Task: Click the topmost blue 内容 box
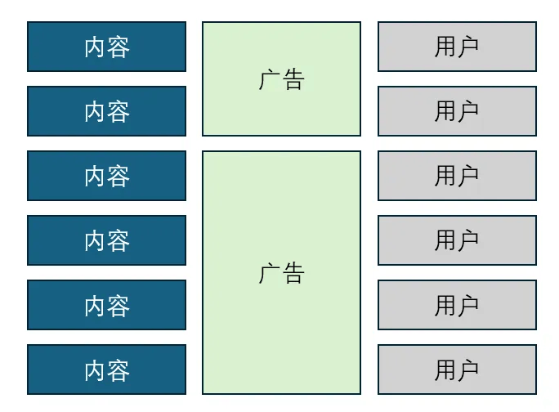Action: click(x=106, y=47)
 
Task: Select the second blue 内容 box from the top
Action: click(x=106, y=111)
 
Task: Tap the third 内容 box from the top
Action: click(x=106, y=176)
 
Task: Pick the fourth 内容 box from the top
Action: click(x=106, y=240)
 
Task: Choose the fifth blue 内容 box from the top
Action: click(x=106, y=305)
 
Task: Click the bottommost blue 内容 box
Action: click(x=106, y=369)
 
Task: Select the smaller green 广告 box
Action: click(x=282, y=78)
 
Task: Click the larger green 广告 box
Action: click(x=282, y=272)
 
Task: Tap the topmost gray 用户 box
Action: click(x=457, y=47)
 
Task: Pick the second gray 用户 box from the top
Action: click(x=457, y=111)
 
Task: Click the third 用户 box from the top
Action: click(x=457, y=176)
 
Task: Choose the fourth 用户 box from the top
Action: click(x=457, y=240)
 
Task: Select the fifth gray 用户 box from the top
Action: click(x=457, y=305)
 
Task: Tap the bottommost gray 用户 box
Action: click(x=457, y=369)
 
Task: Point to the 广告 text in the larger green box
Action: click(x=282, y=273)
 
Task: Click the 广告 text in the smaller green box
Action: click(x=282, y=79)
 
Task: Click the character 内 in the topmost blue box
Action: click(x=95, y=47)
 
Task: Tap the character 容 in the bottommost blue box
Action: click(x=119, y=371)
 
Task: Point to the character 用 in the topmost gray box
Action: click(x=445, y=47)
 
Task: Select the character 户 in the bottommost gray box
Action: click(x=467, y=370)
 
